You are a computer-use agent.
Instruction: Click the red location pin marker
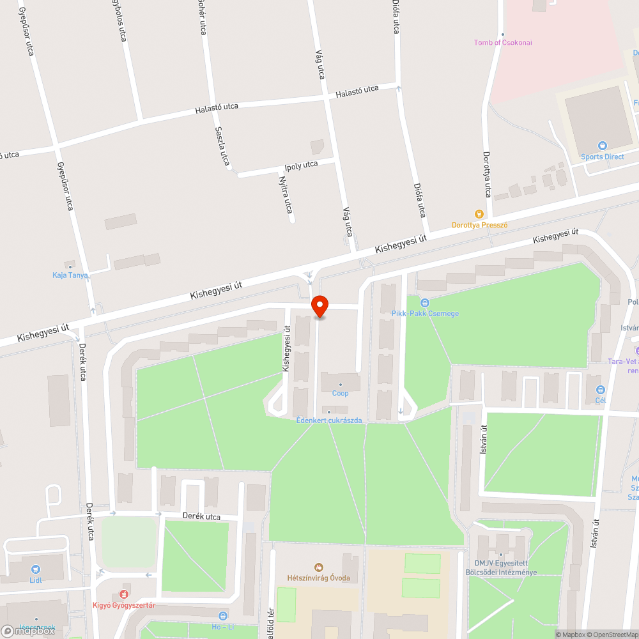coord(319,306)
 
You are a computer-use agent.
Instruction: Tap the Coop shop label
coord(341,393)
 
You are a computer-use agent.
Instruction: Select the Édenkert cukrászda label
coord(329,420)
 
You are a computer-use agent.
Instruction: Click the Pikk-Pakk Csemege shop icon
coord(425,303)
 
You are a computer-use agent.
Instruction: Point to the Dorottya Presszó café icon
coord(479,214)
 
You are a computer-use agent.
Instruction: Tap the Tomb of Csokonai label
coord(503,43)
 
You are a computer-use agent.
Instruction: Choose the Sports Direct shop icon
coord(601,146)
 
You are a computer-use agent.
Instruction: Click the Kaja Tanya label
coord(70,275)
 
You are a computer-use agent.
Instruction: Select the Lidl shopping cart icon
coord(36,568)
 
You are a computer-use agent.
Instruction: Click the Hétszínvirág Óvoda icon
coord(318,567)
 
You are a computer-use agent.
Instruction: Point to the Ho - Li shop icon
coord(222,616)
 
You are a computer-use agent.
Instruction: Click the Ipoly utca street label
coord(301,165)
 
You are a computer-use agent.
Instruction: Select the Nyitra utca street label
coord(286,195)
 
